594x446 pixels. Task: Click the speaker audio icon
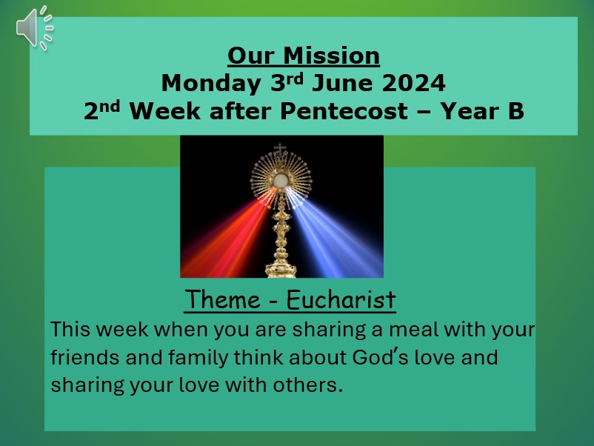35,27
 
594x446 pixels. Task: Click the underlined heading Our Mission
304,56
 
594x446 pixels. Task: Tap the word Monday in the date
211,84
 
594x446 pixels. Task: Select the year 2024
413,83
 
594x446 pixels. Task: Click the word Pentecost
344,111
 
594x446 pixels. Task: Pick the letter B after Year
516,111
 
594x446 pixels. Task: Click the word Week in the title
164,111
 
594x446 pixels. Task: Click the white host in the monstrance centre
280,180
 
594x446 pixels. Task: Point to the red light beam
231,235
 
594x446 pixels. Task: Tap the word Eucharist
341,299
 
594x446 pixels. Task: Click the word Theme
222,299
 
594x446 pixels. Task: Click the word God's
380,357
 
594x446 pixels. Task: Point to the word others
308,385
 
